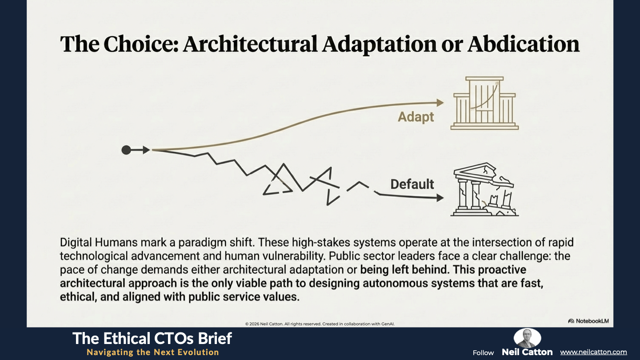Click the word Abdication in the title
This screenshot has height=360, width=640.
[524, 44]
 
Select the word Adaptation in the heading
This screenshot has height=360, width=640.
[380, 45]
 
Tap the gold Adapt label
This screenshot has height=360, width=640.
[416, 117]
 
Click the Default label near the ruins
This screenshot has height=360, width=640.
[412, 184]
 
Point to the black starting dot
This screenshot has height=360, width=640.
[126, 150]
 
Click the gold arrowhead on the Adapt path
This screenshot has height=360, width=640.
[440, 103]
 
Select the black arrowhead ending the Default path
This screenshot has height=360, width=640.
[440, 197]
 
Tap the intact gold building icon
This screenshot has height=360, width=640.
[484, 103]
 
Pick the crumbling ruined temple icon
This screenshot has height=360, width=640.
[484, 189]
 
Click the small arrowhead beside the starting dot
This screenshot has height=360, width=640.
[146, 150]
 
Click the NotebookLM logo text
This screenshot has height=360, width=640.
[592, 321]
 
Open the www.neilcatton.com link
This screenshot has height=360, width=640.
[593, 352]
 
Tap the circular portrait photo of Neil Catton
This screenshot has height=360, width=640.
[527, 338]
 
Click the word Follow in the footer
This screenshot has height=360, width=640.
[483, 353]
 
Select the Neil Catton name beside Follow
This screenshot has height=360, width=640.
[527, 352]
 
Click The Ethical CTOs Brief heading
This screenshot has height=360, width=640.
[152, 339]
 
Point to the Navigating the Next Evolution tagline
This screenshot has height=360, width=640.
[153, 352]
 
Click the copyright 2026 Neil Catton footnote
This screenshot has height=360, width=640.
[320, 324]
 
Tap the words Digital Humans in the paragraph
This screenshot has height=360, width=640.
[99, 243]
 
